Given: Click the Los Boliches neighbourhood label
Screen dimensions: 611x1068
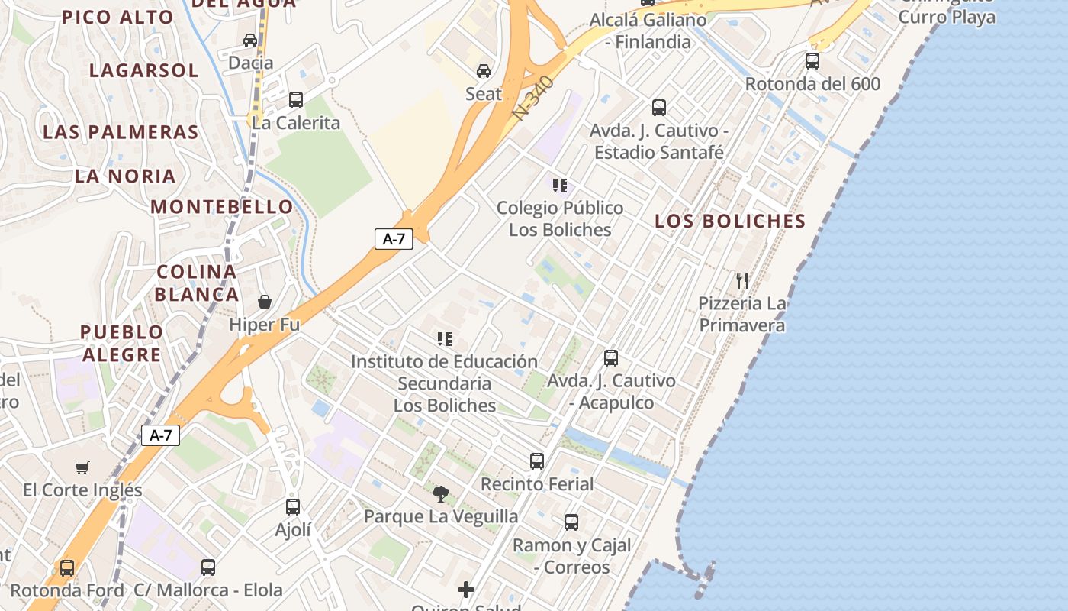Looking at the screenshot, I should [x=730, y=221].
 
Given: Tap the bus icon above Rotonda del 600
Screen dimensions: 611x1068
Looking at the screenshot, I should [x=812, y=60].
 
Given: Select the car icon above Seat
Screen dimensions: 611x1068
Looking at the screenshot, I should [x=484, y=71].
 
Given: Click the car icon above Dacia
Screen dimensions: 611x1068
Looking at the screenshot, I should [x=250, y=40].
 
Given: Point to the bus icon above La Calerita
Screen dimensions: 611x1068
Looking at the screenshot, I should [x=296, y=99].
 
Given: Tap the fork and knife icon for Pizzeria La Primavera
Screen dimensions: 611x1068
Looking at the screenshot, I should [x=742, y=281].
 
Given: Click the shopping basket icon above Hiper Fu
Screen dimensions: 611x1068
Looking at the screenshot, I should [x=265, y=302].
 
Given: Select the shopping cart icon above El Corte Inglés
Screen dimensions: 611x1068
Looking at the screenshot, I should [x=82, y=467].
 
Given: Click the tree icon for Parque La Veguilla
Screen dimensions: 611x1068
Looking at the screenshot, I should [x=441, y=493].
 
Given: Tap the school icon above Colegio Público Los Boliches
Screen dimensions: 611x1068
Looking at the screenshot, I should [x=560, y=185].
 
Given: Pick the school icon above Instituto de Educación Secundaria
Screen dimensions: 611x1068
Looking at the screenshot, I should [x=445, y=338].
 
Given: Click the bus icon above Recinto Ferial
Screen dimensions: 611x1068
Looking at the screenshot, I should [x=537, y=461].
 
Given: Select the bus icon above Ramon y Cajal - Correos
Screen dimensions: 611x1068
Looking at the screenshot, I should [x=571, y=522].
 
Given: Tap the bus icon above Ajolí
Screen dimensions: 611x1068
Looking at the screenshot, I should [x=293, y=506].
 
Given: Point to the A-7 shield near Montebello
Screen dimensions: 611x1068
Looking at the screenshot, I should [x=394, y=238].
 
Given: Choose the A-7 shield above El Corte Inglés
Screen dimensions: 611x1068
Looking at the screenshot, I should [x=161, y=435].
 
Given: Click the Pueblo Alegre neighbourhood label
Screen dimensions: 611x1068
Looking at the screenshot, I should [x=122, y=343].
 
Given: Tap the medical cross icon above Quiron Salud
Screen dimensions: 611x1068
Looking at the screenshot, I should [x=466, y=590].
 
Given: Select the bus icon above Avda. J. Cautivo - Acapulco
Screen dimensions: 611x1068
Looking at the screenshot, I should [x=611, y=357].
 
